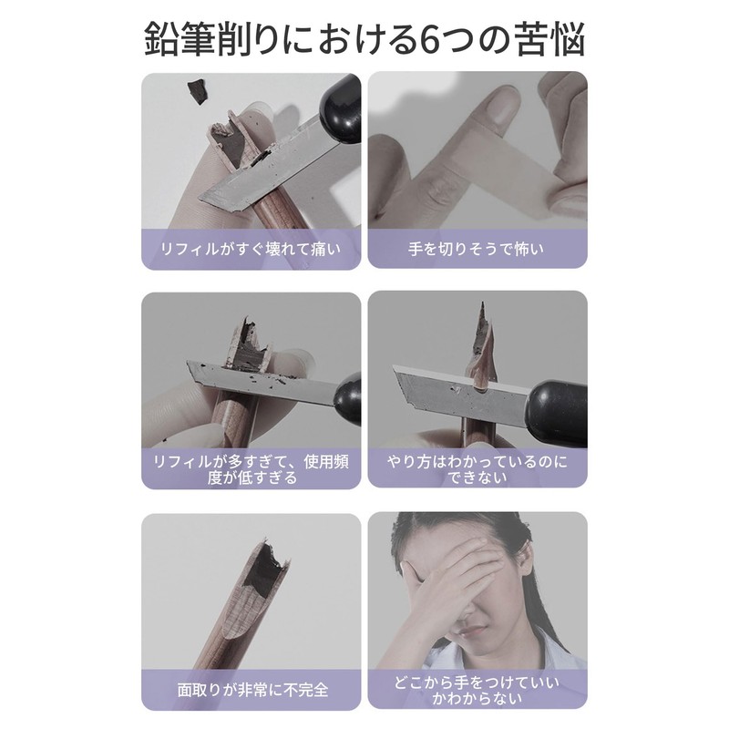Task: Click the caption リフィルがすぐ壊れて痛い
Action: click(x=251, y=247)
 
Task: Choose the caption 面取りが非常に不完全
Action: click(x=251, y=690)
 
